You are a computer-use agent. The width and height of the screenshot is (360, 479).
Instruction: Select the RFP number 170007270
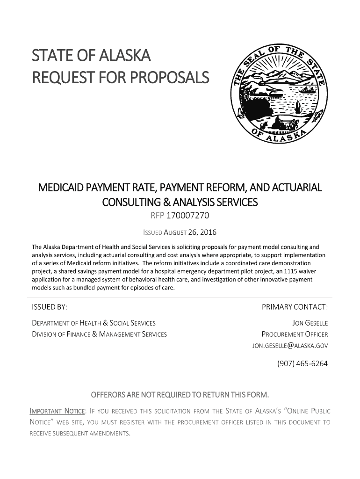[x=189, y=216]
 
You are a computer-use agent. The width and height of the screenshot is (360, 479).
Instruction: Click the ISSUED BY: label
[x=50, y=307]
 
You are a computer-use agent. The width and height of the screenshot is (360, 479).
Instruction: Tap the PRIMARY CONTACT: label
[x=295, y=307]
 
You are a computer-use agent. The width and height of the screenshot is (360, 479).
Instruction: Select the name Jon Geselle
[x=310, y=323]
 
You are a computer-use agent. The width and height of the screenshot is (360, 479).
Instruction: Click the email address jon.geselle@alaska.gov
[x=290, y=346]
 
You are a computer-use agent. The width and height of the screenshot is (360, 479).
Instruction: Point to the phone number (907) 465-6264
[x=302, y=363]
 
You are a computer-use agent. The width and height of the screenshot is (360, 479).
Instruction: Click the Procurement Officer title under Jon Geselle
[x=295, y=334]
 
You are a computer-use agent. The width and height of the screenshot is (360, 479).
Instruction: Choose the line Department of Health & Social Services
[x=94, y=323]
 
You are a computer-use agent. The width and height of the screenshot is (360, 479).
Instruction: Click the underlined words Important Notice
[x=57, y=412]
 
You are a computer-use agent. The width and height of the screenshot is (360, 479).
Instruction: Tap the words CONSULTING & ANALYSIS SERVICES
[x=180, y=203]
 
